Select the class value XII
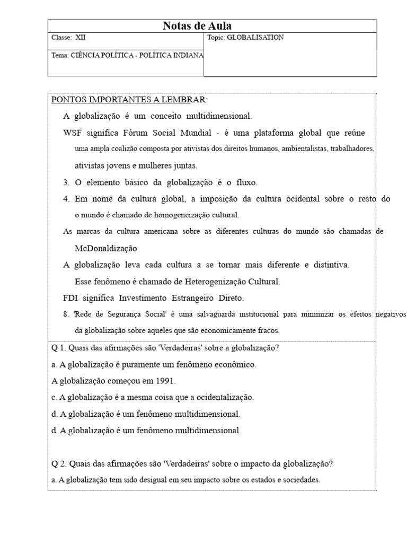(81, 38)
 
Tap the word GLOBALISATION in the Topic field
(255, 38)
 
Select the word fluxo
(245, 182)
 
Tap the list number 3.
(66, 182)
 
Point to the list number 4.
(66, 199)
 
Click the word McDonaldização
(106, 248)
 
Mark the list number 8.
(66, 314)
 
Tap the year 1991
(165, 381)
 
